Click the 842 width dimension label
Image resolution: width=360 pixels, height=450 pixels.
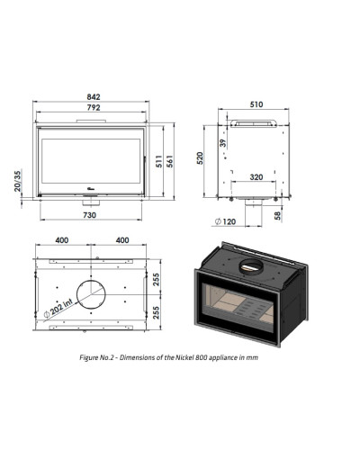[94, 97]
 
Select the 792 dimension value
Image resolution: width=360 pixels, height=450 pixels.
[94, 107]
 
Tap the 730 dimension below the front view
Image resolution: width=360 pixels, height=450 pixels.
[89, 215]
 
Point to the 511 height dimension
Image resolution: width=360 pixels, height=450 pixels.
[159, 161]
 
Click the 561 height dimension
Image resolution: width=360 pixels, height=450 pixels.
[169, 161]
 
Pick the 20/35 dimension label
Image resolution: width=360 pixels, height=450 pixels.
[18, 181]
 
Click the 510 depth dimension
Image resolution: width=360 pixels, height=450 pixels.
[256, 104]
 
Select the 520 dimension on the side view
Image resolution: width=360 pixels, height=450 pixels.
[200, 158]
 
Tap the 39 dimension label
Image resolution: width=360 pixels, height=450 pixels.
[222, 143]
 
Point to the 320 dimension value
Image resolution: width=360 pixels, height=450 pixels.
[256, 177]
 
